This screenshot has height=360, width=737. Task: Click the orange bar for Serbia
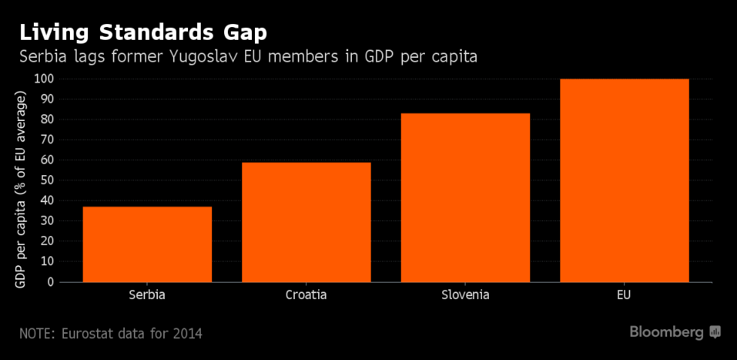(x=147, y=244)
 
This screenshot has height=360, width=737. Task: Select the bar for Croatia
(x=306, y=222)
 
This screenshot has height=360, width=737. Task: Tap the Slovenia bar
(x=466, y=198)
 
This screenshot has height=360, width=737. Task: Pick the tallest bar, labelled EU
(x=624, y=180)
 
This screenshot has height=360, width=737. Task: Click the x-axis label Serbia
(x=147, y=295)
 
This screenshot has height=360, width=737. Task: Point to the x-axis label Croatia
(x=306, y=295)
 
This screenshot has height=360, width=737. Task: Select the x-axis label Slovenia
(x=466, y=295)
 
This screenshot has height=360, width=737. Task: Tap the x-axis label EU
(x=624, y=295)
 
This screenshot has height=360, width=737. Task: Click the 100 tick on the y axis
(x=44, y=79)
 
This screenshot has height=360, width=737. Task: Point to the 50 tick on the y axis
(x=47, y=180)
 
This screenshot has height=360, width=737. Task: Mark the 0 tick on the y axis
(x=50, y=282)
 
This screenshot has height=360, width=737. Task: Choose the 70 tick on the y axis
(x=47, y=140)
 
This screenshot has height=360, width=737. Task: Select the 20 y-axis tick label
(x=47, y=241)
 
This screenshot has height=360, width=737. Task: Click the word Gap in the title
(x=240, y=33)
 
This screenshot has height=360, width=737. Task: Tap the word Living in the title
(x=52, y=33)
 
